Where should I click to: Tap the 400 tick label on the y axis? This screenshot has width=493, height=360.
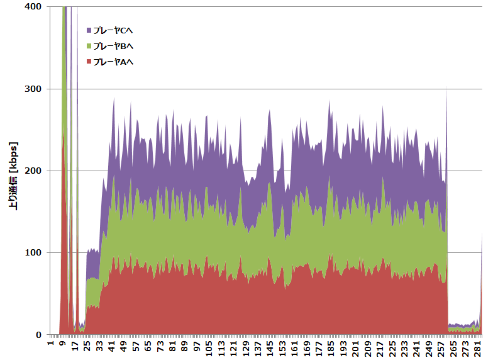tap(33, 6)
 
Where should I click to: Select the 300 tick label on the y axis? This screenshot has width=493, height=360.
tap(33, 89)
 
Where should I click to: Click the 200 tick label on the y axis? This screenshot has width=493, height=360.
tap(33, 171)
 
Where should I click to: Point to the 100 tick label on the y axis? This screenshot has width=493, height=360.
tap(33, 253)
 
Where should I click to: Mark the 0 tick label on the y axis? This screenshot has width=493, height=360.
tap(38, 335)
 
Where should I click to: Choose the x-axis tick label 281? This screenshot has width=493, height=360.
tap(478, 348)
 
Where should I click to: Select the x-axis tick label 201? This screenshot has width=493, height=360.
tap(356, 348)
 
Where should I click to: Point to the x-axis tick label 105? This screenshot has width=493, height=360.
tap(209, 348)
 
